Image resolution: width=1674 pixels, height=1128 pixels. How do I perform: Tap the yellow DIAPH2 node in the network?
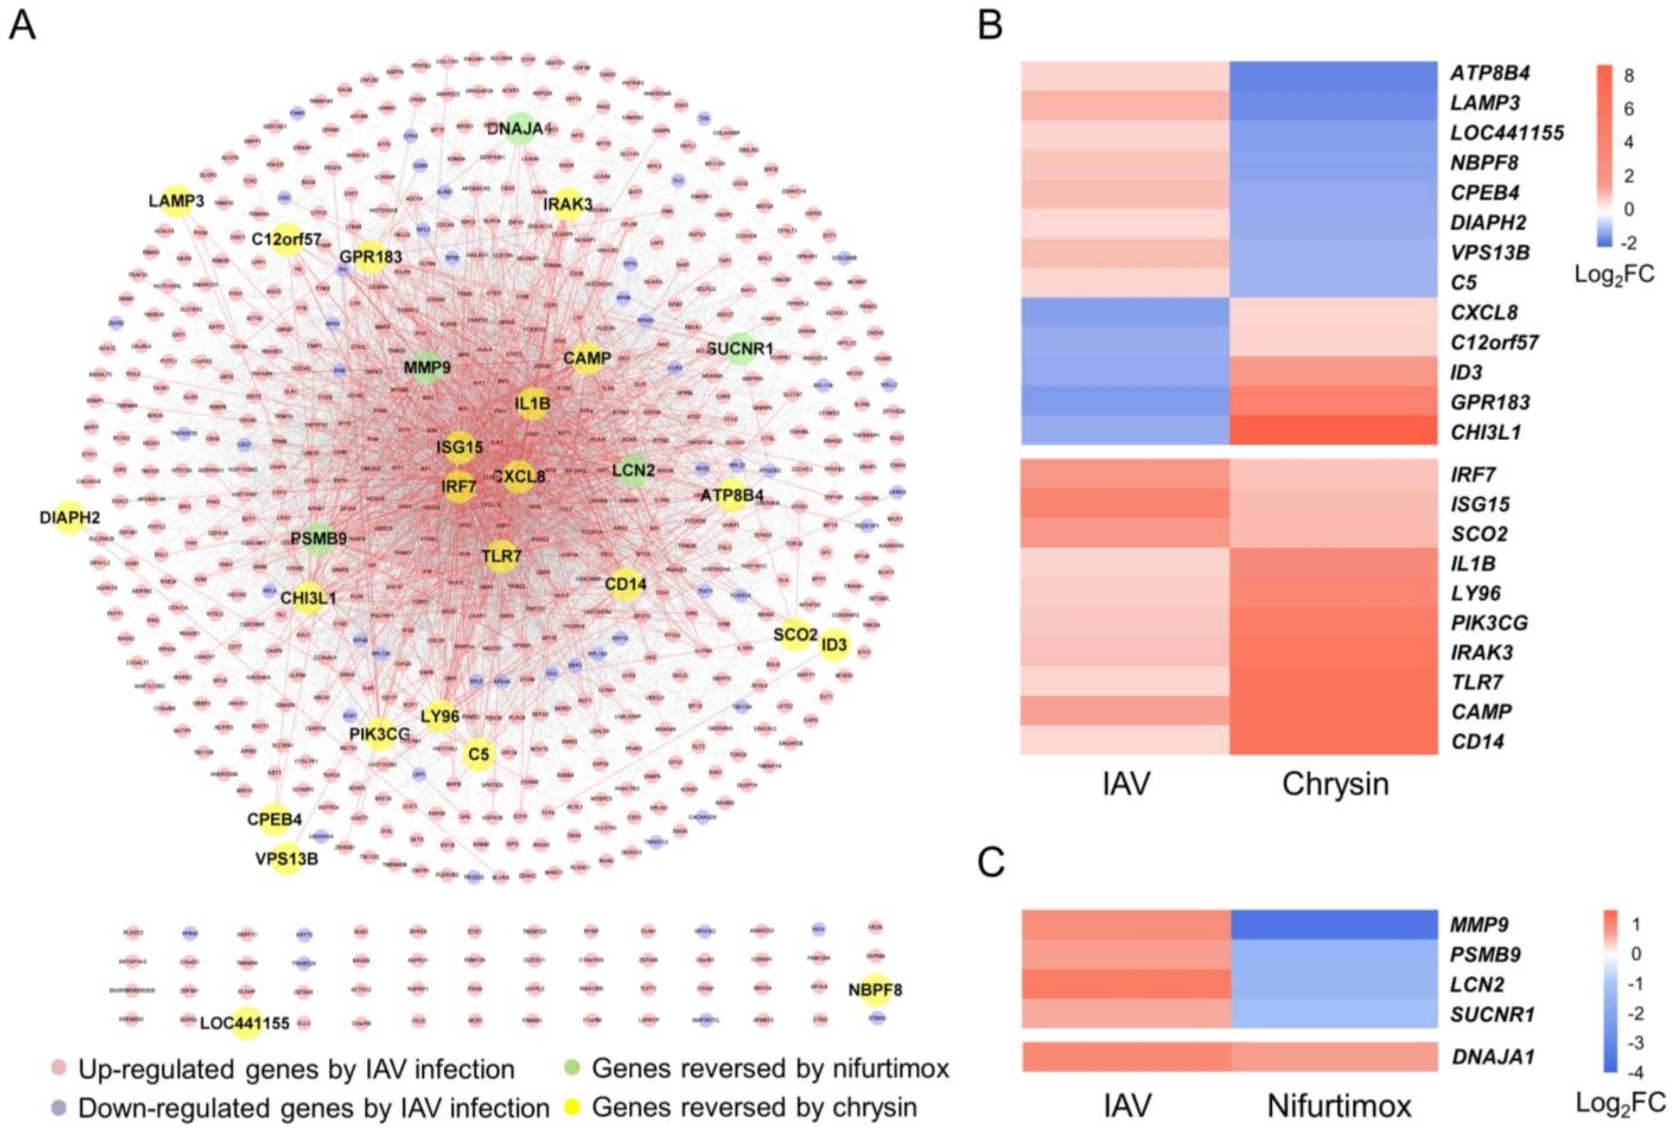coord(70,517)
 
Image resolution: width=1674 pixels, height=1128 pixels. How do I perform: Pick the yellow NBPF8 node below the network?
coord(875,991)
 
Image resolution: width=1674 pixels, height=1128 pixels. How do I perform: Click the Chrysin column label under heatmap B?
coord(1335,784)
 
